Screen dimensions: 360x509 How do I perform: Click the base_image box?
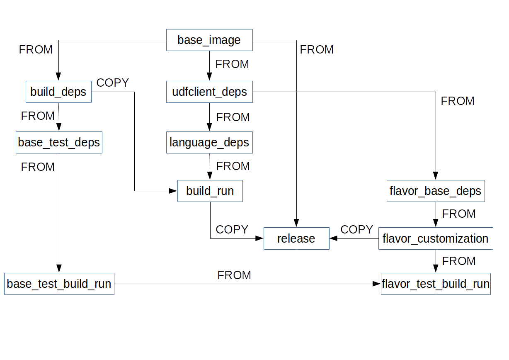pos(209,40)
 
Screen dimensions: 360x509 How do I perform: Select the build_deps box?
pos(58,92)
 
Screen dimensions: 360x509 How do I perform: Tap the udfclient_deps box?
pos(209,92)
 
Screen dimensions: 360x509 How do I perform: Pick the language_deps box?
pos(209,143)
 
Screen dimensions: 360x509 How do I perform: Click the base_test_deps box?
pos(59,143)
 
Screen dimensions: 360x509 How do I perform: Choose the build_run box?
pos(210,191)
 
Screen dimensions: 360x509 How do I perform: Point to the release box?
pos(296,238)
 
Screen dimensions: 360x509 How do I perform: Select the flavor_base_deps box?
pos(436,191)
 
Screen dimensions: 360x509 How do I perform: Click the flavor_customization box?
pos(436,238)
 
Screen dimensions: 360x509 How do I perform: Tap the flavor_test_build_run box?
pos(436,284)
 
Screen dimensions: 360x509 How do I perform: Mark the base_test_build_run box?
pos(59,284)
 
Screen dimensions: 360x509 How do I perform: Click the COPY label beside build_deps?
pos(113,83)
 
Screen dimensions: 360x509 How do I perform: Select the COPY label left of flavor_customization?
pos(357,230)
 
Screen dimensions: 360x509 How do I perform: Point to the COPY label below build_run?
pos(232,230)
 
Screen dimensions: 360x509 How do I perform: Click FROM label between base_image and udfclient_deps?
pos(232,64)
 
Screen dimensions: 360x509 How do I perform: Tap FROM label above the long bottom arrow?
pos(234,275)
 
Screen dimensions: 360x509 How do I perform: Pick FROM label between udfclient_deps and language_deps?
pos(233,117)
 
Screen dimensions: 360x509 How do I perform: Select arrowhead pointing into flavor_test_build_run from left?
pos(377,284)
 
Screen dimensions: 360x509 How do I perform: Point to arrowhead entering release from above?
pos(296,224)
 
